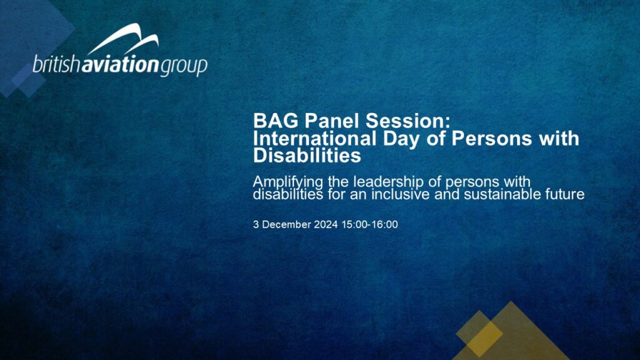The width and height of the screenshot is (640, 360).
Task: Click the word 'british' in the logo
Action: pyautogui.click(x=56, y=64)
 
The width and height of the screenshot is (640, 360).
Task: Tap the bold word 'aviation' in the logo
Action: pyautogui.click(x=119, y=64)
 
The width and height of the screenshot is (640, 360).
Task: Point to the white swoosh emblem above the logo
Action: pyautogui.click(x=123, y=39)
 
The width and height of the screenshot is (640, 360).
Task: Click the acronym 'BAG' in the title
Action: pyautogui.click(x=276, y=120)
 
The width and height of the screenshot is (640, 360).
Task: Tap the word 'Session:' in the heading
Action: pyautogui.click(x=407, y=120)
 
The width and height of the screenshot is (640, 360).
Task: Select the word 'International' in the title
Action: pyautogui.click(x=315, y=139)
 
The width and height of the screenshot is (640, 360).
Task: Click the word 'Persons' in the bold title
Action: pyautogui.click(x=491, y=139)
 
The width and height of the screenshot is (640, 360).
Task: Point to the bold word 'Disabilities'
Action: pyautogui.click(x=307, y=155)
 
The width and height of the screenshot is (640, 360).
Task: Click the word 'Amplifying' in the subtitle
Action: pyautogui.click(x=288, y=182)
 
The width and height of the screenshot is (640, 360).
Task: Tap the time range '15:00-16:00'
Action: pyautogui.click(x=370, y=225)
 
